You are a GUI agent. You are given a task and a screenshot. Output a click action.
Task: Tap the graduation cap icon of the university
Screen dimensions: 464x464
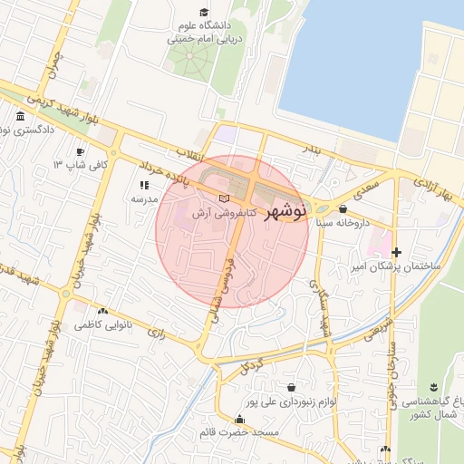coord(204,12)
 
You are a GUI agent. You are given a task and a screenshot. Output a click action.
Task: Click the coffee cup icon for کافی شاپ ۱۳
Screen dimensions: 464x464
coord(81,151)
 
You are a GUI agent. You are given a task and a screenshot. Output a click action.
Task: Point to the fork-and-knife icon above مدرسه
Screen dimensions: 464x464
coord(142,185)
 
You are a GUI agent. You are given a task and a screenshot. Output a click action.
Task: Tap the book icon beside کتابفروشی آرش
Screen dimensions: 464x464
coord(224,198)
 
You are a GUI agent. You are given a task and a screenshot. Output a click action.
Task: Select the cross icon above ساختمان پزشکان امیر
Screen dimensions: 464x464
coord(396,251)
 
